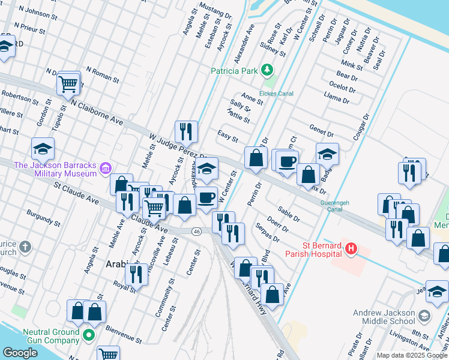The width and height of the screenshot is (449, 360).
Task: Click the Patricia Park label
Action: [234, 71]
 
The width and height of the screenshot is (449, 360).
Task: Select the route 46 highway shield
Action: [196, 231]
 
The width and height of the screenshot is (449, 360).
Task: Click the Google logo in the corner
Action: [19, 353]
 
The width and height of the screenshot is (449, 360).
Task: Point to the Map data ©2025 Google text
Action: [412, 355]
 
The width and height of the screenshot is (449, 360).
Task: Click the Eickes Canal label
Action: [276, 94]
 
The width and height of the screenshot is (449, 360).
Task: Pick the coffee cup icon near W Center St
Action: [207, 197]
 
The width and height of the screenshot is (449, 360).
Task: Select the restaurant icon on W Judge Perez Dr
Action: [186, 132]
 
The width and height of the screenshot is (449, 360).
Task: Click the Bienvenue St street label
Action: [124, 334]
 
